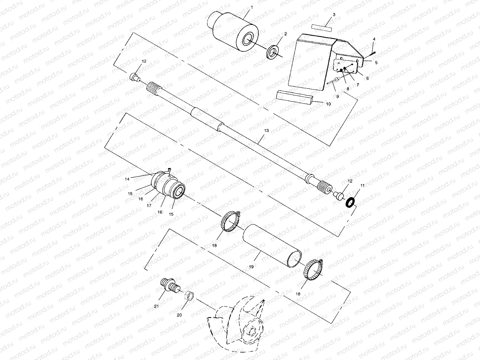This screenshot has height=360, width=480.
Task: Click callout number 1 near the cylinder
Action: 252,7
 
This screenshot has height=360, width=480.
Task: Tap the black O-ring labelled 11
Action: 350,202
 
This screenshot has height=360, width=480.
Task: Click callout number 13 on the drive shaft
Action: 266,130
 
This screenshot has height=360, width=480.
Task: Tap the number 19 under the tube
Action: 251,266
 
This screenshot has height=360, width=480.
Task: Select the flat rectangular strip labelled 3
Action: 322,27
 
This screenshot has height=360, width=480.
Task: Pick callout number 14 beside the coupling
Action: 127,179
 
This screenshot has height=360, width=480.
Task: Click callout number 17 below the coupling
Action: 149,205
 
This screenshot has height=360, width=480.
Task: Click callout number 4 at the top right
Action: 374,39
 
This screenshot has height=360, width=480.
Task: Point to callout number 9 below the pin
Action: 337,97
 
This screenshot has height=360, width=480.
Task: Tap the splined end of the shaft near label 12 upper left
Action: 154,89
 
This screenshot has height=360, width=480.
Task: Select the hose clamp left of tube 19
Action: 231,223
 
